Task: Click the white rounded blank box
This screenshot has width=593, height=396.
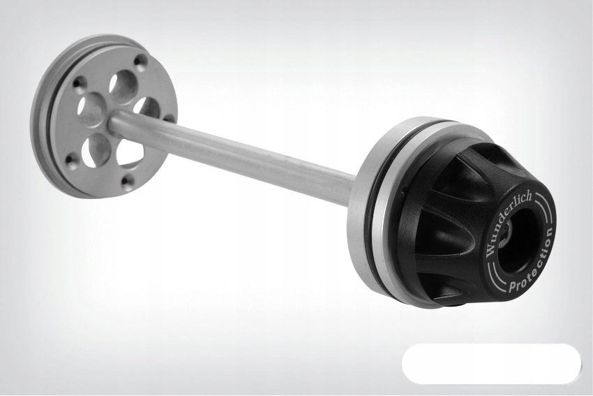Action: coord(491,363)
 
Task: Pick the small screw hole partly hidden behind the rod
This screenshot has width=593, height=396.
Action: coord(170,119)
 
